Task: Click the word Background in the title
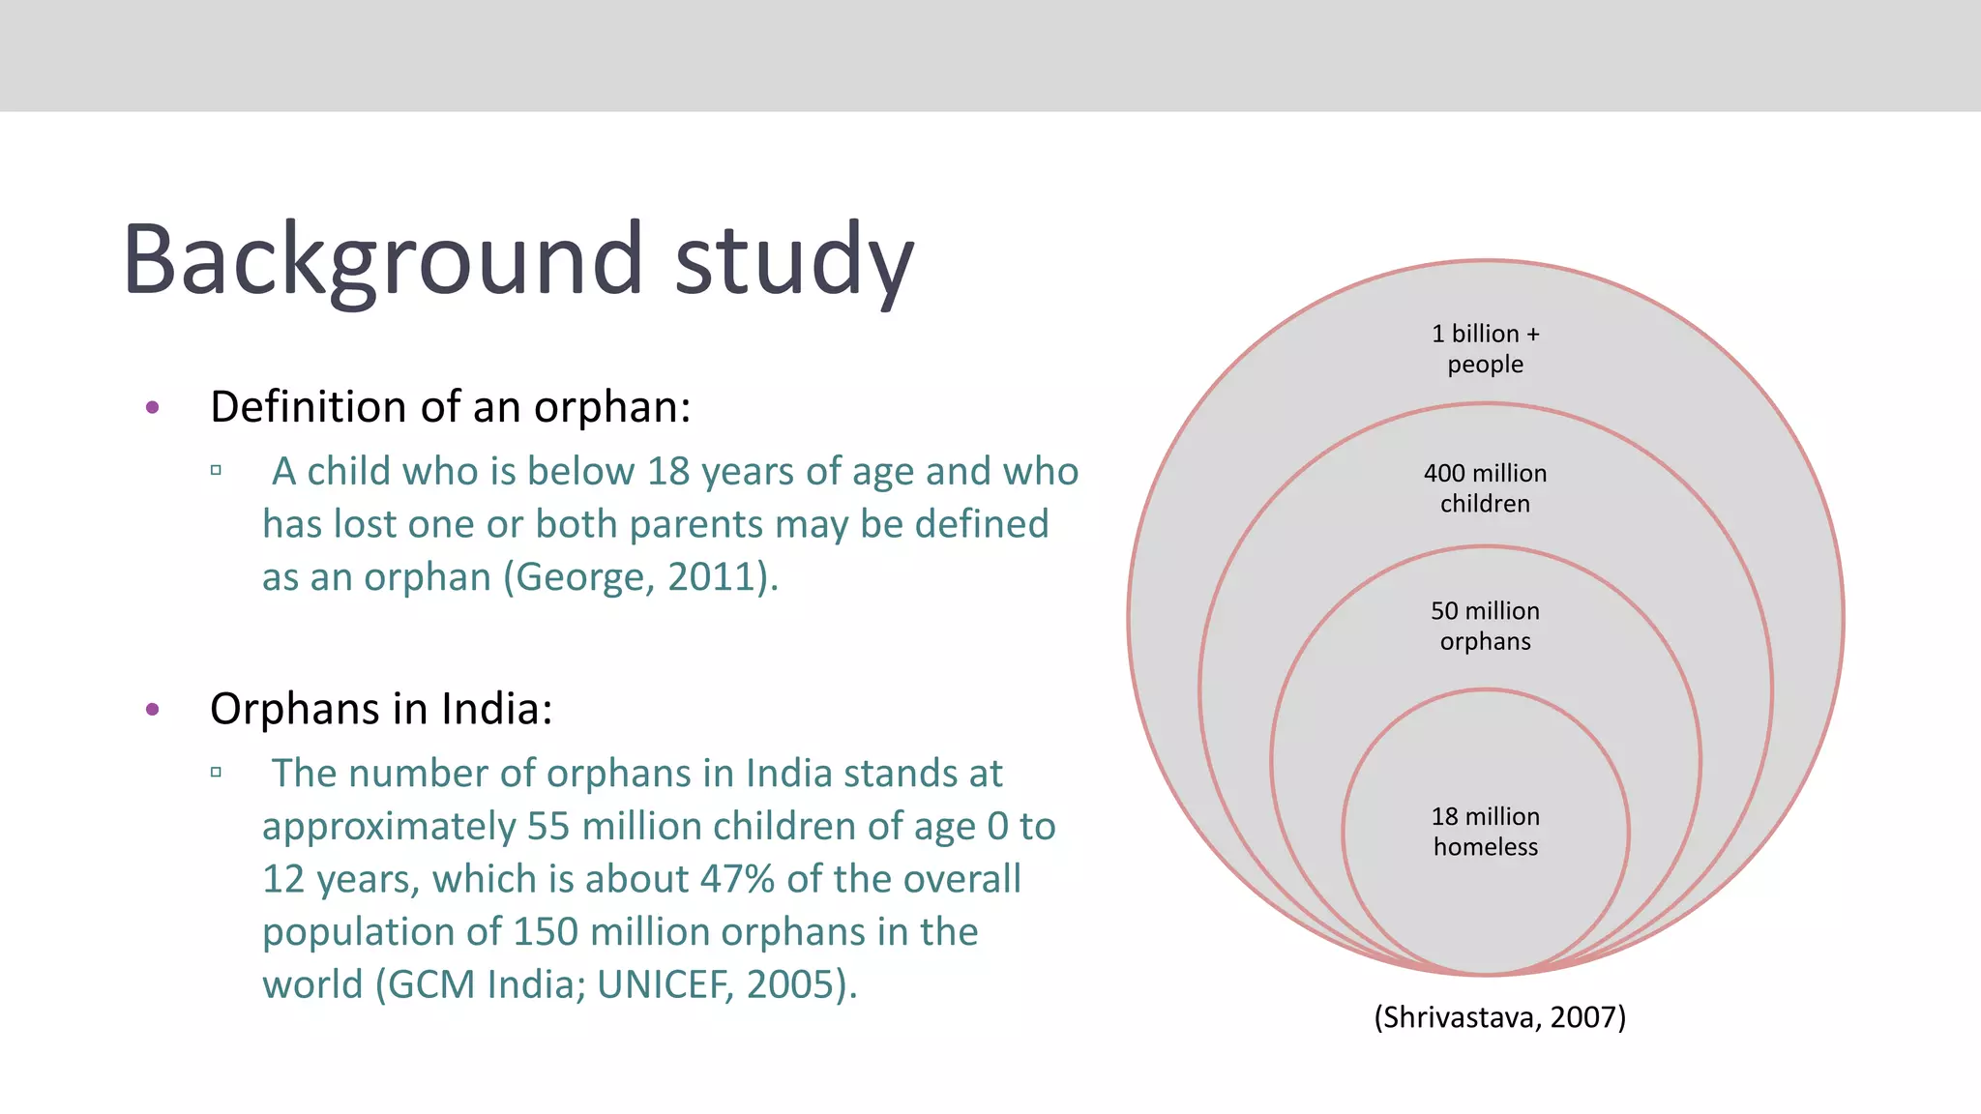pos(383,259)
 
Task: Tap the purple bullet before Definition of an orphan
pos(152,407)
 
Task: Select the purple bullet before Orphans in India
pos(152,710)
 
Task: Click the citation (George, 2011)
pos(640,577)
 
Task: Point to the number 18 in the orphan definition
pos(667,472)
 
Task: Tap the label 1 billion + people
pos(1485,348)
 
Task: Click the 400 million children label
pos(1485,488)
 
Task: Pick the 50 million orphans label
pos(1485,626)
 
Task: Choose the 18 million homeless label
pos(1485,831)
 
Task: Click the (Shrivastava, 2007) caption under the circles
pos(1499,1017)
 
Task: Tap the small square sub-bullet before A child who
pos(216,471)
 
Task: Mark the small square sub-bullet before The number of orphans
pos(216,773)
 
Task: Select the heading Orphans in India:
pos(381,709)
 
